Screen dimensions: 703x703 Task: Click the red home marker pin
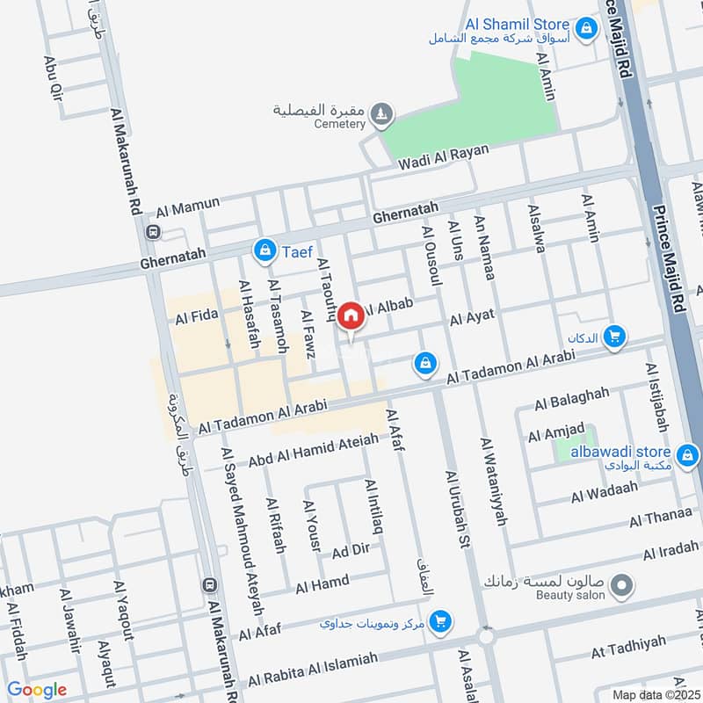[x=351, y=315]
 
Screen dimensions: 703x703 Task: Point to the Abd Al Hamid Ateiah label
[x=313, y=449]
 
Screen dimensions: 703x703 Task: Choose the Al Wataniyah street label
[x=494, y=482]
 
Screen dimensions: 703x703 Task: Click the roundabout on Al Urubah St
[x=486, y=636]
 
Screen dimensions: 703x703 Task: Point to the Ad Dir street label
[x=351, y=551]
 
